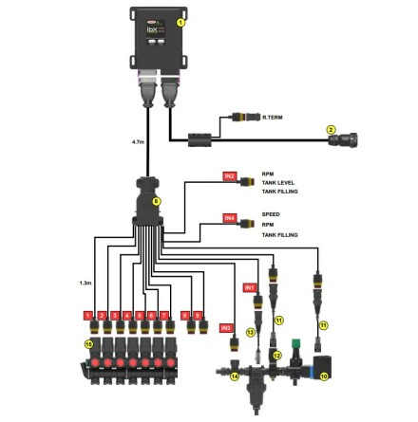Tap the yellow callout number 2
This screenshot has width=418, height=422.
click(x=331, y=129)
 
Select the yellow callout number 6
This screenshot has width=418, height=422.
click(x=157, y=201)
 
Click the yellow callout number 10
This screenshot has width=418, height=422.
click(x=324, y=376)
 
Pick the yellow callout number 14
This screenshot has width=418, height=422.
click(x=235, y=376)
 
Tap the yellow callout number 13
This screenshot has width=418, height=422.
click(x=251, y=332)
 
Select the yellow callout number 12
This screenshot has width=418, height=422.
click(x=277, y=355)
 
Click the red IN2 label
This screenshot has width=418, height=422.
click(x=229, y=175)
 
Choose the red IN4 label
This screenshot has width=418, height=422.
click(x=229, y=217)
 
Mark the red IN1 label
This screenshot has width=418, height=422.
click(x=250, y=285)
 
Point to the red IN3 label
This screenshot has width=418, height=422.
click(x=226, y=327)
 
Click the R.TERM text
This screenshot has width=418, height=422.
click(x=272, y=117)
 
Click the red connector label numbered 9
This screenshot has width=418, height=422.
click(x=198, y=314)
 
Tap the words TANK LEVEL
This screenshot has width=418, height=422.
click(x=284, y=182)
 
